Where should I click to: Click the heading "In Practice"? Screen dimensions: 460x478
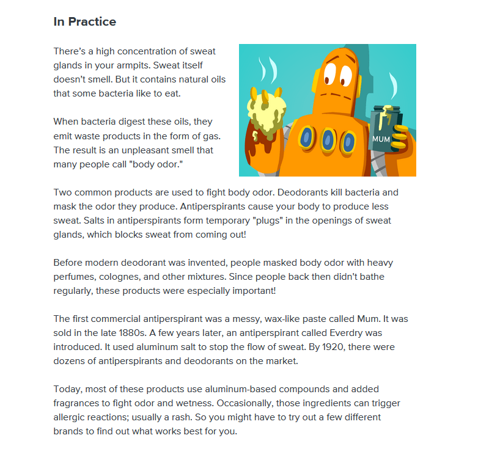coord(84,22)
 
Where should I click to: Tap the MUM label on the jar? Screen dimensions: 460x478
coord(381,139)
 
